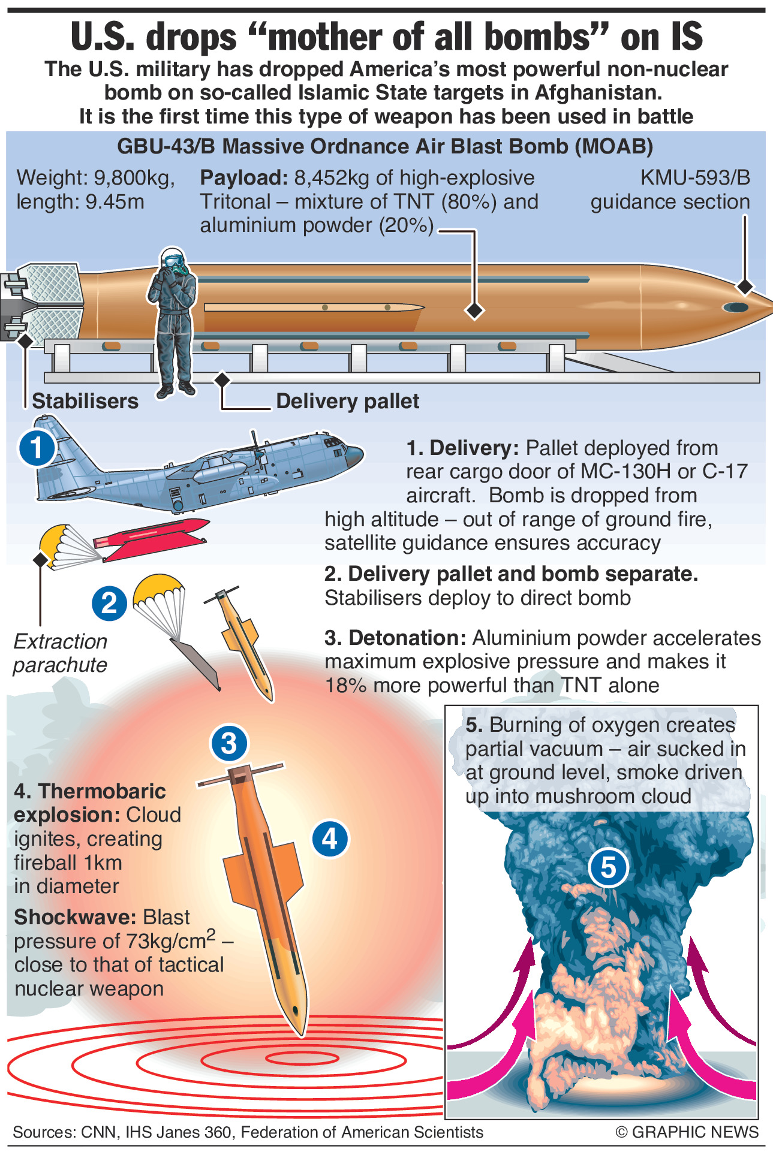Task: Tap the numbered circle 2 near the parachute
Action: click(x=109, y=602)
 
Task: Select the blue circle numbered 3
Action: click(x=229, y=743)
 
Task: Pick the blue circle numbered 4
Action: click(x=330, y=838)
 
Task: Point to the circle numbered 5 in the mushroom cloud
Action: click(x=608, y=867)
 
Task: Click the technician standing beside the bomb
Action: click(x=174, y=324)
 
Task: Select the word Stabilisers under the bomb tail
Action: click(x=85, y=401)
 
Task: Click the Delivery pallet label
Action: click(x=347, y=401)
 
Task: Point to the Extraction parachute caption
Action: click(x=60, y=653)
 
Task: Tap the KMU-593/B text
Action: click(x=695, y=178)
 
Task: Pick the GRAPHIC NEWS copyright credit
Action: click(x=687, y=1132)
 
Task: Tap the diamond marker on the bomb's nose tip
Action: click(x=745, y=287)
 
